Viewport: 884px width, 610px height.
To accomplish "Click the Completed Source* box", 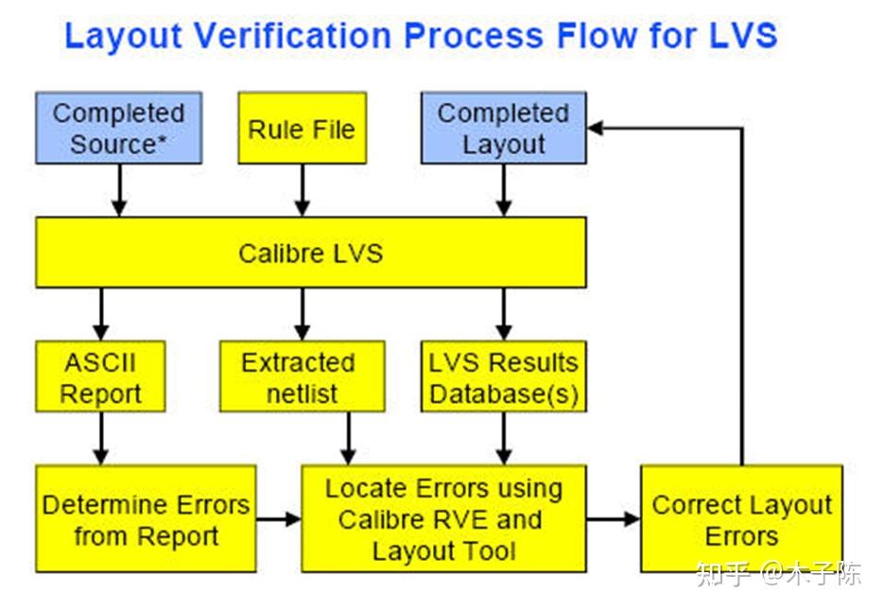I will (x=118, y=128).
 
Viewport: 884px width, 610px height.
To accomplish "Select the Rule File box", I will (x=302, y=128).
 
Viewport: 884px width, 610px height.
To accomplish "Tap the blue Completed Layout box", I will (x=503, y=128).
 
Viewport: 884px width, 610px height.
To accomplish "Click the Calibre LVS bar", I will (x=310, y=253).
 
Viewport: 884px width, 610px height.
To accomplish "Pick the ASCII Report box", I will (x=100, y=377).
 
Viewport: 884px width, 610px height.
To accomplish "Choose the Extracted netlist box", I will (x=302, y=377).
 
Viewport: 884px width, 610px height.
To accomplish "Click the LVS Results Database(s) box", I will (x=503, y=377).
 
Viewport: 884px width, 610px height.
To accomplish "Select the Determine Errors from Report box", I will (x=146, y=519).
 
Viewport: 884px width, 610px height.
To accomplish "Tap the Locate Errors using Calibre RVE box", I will (x=443, y=519).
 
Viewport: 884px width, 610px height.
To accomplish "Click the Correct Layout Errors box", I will (x=741, y=519).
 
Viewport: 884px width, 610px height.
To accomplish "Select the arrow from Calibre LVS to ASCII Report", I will (x=100, y=314).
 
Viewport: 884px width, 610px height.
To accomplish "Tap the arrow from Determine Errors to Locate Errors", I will (x=279, y=519).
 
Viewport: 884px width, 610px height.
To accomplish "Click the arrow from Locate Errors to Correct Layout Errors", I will (x=613, y=519).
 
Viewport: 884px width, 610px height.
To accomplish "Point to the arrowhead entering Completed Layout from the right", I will (x=597, y=128).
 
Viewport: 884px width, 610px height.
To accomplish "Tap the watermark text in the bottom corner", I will (x=777, y=573).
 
